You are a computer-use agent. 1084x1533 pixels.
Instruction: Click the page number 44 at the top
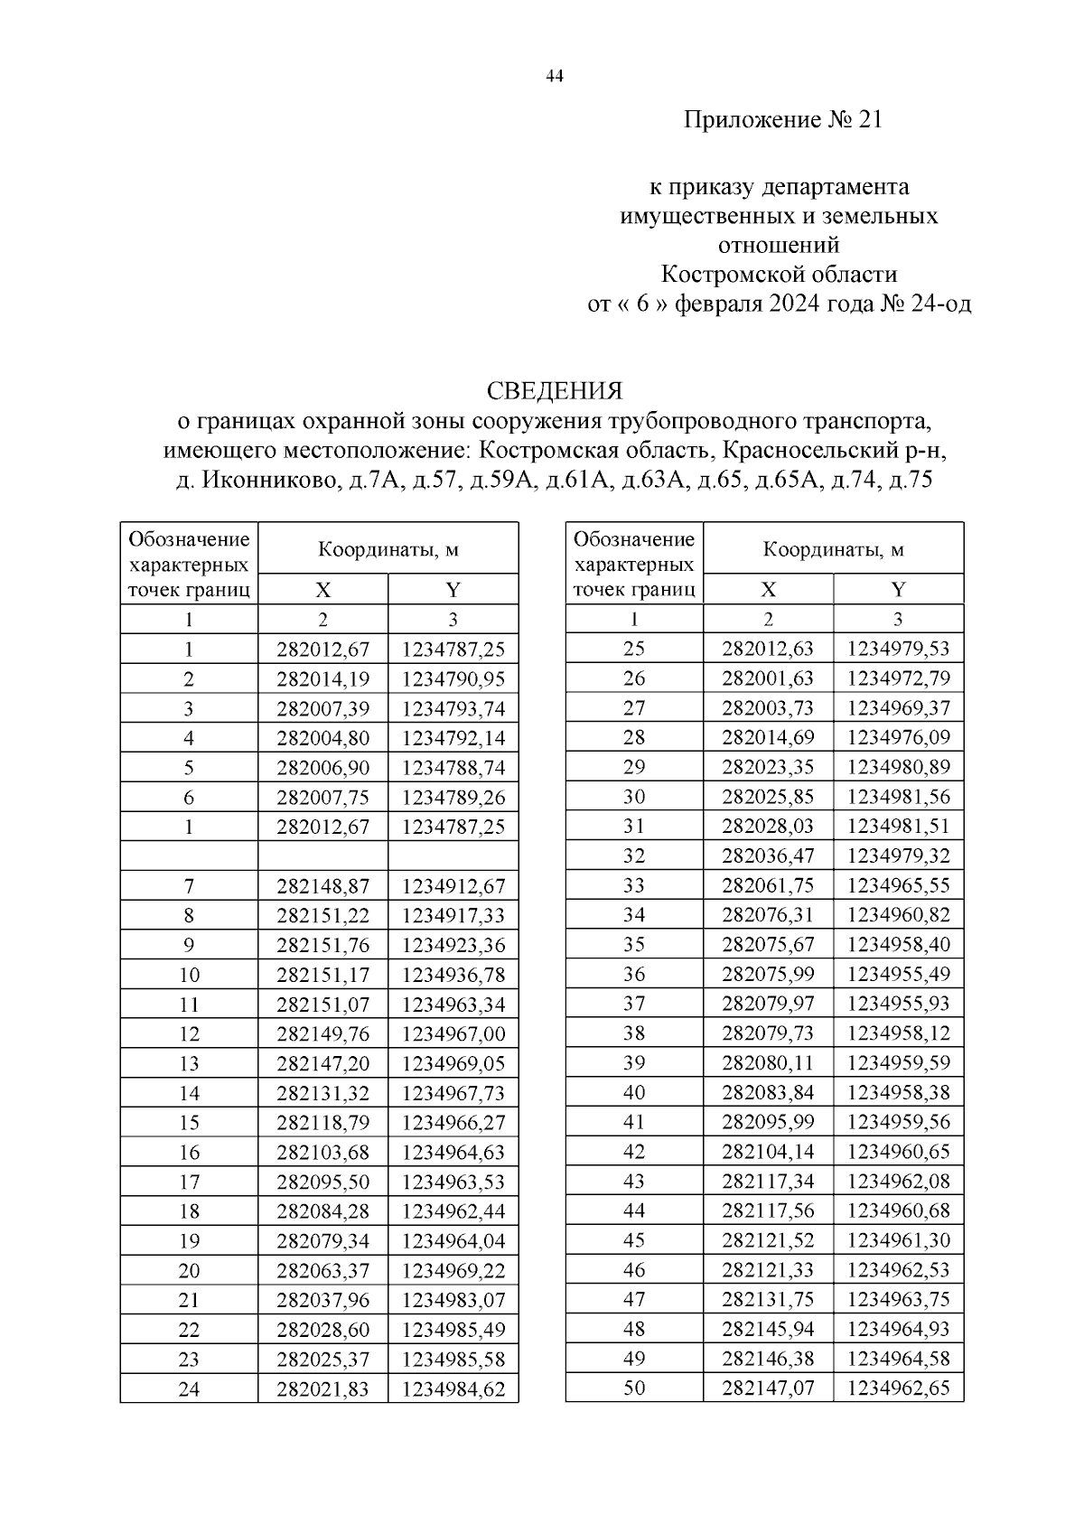pos(555,78)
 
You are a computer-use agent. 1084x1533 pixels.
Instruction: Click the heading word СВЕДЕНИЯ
pos(555,391)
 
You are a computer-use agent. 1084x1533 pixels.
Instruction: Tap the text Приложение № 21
pos(782,120)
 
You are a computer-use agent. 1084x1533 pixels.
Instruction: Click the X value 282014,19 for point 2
pos(322,678)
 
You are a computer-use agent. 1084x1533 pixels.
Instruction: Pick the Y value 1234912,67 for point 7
pos(453,886)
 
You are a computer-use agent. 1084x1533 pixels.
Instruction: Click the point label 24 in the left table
pos(189,1389)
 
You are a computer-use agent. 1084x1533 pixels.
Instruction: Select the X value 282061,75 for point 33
pos(768,885)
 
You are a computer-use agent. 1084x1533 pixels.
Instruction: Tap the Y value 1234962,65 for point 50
pos(898,1388)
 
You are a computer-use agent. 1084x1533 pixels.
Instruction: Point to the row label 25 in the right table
pos(634,649)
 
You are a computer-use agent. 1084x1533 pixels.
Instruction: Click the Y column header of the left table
pos(453,591)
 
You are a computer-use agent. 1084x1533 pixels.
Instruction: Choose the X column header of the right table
pos(768,590)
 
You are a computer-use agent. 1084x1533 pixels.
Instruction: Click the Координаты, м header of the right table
pos(833,549)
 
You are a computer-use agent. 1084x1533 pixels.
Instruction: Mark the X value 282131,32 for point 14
pos(322,1094)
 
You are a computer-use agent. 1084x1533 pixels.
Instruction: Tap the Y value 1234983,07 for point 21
pos(453,1301)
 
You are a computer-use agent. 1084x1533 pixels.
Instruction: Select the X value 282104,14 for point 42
pos(768,1152)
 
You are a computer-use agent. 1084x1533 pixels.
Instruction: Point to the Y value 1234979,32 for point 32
pos(898,855)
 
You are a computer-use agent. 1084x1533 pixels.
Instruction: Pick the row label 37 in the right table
pos(634,1004)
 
